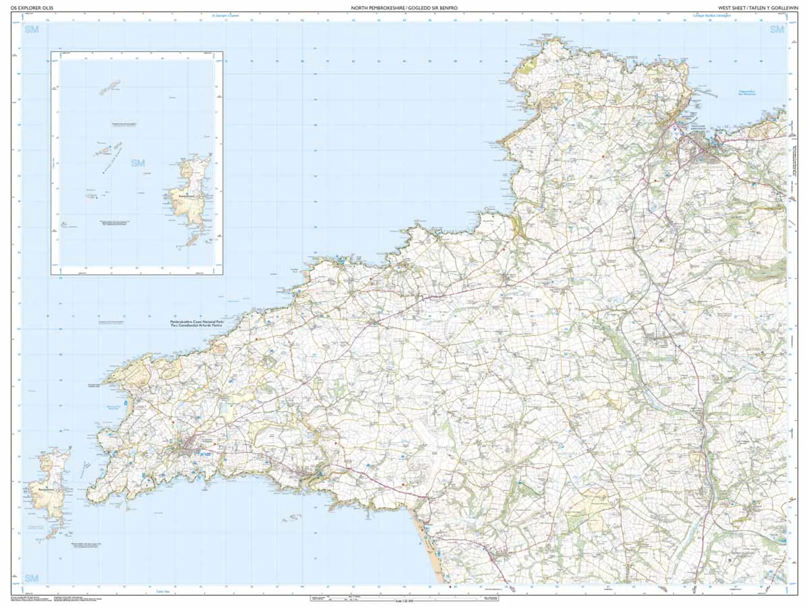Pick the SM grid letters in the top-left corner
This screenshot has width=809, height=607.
click(32, 30)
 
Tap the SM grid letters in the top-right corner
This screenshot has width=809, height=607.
click(777, 30)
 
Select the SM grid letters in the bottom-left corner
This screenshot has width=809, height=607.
click(32, 578)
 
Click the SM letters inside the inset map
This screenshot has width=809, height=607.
click(138, 163)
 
